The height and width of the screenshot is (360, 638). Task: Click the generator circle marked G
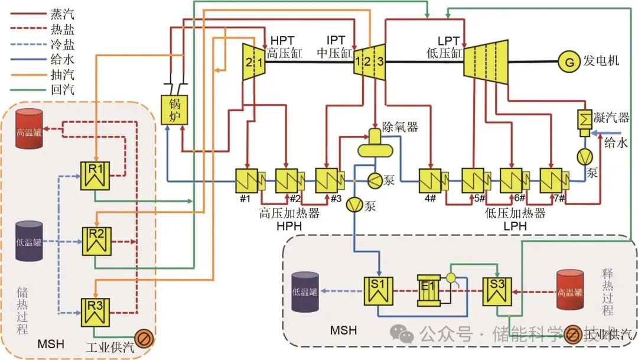click(569, 61)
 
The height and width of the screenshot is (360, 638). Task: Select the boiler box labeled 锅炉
click(174, 109)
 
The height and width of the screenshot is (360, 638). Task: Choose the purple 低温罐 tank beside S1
click(305, 291)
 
